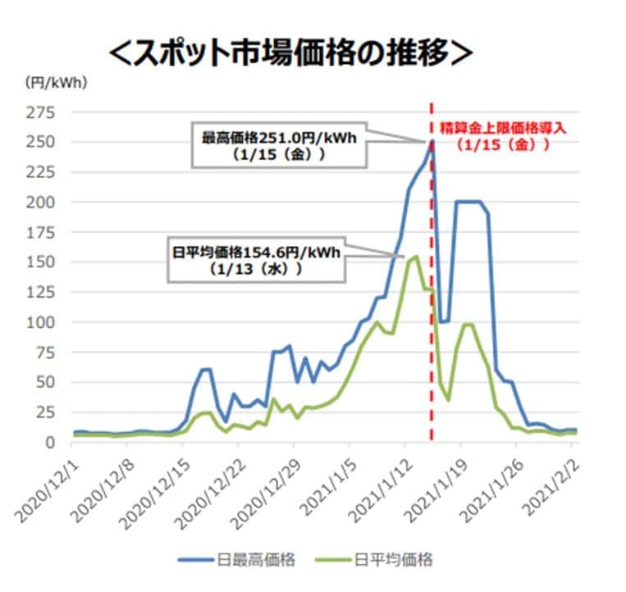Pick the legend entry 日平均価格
[394, 559]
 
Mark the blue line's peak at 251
[432, 141]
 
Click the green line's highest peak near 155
[416, 257]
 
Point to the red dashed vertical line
[432, 328]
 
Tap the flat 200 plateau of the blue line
[468, 202]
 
